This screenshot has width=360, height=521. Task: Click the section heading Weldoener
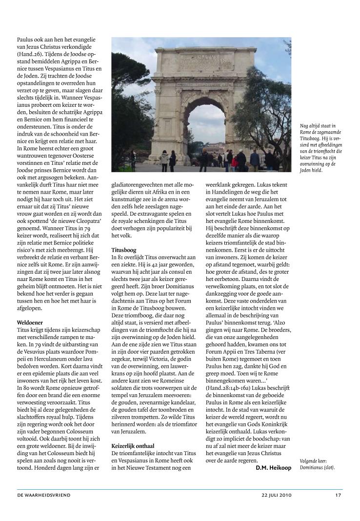tap(30, 323)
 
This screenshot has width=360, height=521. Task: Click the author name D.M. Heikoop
tap(273, 468)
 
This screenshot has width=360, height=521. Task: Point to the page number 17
tap(338, 495)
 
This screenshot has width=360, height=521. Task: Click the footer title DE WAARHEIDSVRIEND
tap(43, 495)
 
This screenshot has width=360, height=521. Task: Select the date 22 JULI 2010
tap(276, 495)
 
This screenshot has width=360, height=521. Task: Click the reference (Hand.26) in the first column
tap(30, 54)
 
